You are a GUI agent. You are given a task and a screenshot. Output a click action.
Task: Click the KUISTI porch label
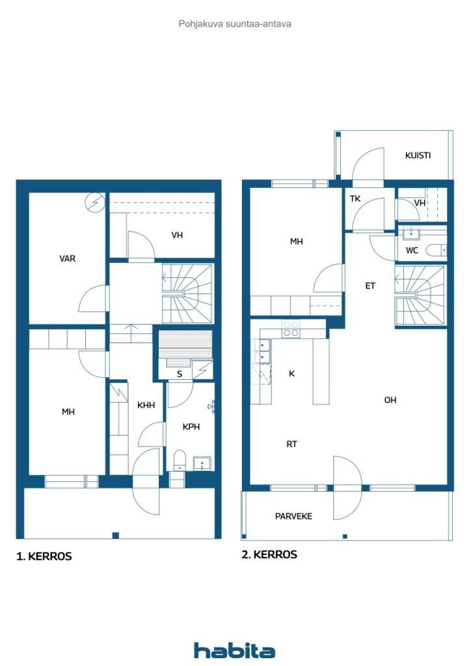point(418,155)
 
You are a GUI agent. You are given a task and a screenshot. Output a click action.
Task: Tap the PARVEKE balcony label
point(293,516)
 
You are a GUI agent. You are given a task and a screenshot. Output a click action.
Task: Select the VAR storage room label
point(68,258)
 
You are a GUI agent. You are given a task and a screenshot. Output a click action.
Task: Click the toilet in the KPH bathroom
point(180,460)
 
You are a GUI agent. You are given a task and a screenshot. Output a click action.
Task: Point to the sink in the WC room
point(411,233)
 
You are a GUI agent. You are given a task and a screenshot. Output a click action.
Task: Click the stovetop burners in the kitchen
point(291,328)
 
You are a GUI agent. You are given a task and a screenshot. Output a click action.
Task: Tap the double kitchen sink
point(262,351)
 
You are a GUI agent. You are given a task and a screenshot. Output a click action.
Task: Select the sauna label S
point(180,374)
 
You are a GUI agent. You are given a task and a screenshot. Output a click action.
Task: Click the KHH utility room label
point(146,405)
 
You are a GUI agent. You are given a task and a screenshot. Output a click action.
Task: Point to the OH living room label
point(390,400)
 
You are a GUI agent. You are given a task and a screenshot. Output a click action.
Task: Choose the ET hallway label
point(370,286)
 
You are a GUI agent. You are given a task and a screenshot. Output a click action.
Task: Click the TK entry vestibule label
point(355,198)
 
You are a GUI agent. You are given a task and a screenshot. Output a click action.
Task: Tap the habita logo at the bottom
point(234,650)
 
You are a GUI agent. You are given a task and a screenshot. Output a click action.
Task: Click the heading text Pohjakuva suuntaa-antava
point(235,24)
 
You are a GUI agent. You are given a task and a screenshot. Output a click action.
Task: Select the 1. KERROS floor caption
point(44,557)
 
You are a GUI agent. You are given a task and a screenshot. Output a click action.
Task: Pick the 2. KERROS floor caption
point(269,554)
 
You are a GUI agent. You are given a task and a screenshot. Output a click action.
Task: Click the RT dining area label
point(291,444)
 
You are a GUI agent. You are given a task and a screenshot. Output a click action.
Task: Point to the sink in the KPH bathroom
point(202,463)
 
